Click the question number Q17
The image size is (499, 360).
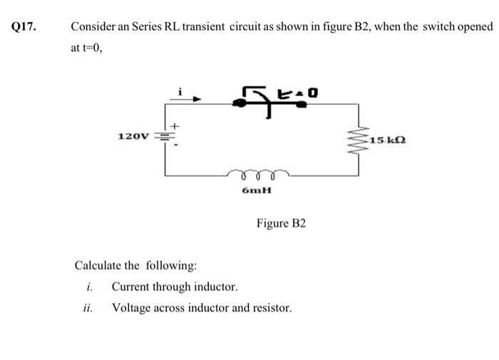[x=24, y=27]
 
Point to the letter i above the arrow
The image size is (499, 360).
[x=182, y=90]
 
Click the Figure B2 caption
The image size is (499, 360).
[x=281, y=224]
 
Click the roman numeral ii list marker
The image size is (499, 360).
[x=88, y=309]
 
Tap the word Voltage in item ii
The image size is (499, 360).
[x=132, y=309]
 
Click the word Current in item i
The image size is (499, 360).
[x=131, y=287]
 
